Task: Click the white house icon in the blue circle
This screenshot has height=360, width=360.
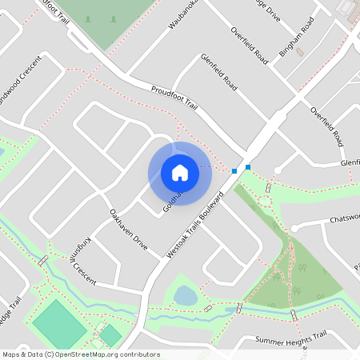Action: (x=179, y=172)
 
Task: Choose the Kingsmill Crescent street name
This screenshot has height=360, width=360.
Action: (x=78, y=260)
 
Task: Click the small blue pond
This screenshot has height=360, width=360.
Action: (x=185, y=296)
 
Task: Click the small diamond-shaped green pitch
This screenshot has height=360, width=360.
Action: (x=110, y=335)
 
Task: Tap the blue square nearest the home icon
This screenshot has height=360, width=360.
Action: (x=234, y=171)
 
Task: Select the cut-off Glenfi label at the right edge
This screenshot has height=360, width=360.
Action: (x=350, y=162)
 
